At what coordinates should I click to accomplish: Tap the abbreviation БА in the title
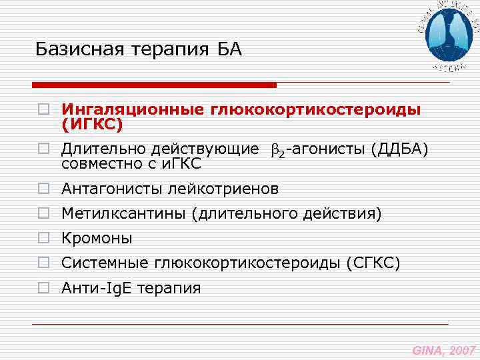229,49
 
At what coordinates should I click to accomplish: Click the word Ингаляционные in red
133,109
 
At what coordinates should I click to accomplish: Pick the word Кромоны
97,238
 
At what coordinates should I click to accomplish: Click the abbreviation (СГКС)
373,263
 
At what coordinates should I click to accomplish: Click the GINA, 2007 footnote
443,349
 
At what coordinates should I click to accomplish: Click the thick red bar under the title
154,85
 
